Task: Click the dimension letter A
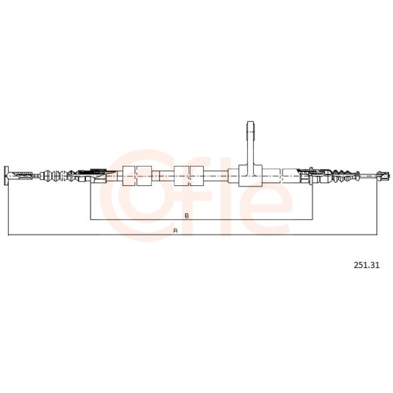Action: (x=175, y=230)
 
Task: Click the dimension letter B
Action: (x=187, y=216)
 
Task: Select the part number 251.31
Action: (x=366, y=265)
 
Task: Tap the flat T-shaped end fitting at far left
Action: (x=6, y=175)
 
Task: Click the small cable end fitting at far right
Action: (x=384, y=175)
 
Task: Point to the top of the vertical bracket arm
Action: (x=251, y=122)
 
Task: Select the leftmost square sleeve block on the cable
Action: (x=129, y=176)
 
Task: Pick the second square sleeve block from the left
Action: (x=144, y=176)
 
